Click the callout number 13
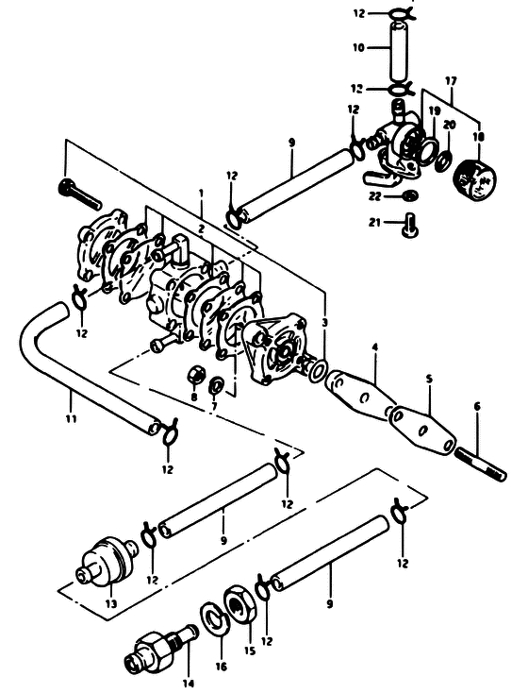coord(111,603)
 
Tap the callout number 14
coord(189,684)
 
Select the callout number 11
coord(71,417)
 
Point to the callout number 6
coord(477,406)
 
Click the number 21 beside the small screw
coord(374,223)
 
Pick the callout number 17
coord(451,81)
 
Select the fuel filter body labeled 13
coord(105,561)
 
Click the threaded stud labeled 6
coord(481,465)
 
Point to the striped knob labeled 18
coord(474,178)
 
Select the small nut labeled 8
coord(195,375)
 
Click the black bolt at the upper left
coord(80,194)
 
